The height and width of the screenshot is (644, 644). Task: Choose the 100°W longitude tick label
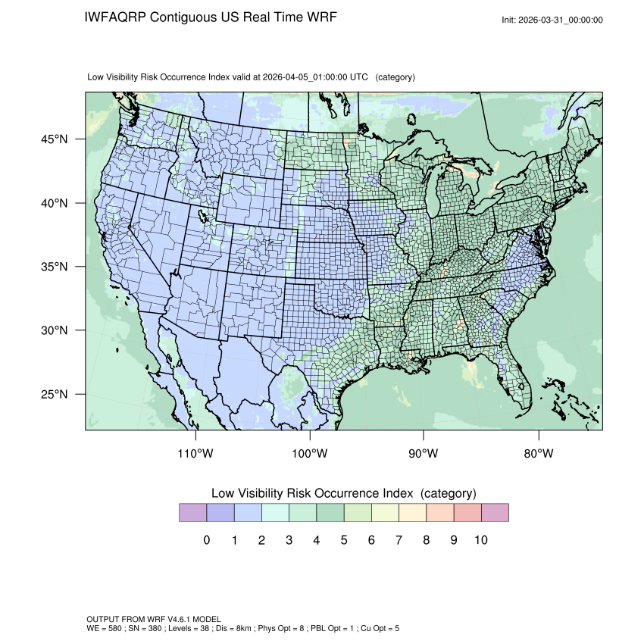310,454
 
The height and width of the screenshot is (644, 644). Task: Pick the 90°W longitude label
424,454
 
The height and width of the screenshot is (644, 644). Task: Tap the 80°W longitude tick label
538,454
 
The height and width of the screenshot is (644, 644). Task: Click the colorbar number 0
207,540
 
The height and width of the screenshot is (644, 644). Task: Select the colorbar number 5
344,540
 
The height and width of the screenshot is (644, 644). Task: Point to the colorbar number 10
480,540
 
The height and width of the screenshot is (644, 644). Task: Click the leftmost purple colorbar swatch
192,513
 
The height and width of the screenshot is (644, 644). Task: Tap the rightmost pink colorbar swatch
495,513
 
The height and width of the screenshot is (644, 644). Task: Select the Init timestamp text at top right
552,20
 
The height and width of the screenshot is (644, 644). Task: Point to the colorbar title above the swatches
343,493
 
